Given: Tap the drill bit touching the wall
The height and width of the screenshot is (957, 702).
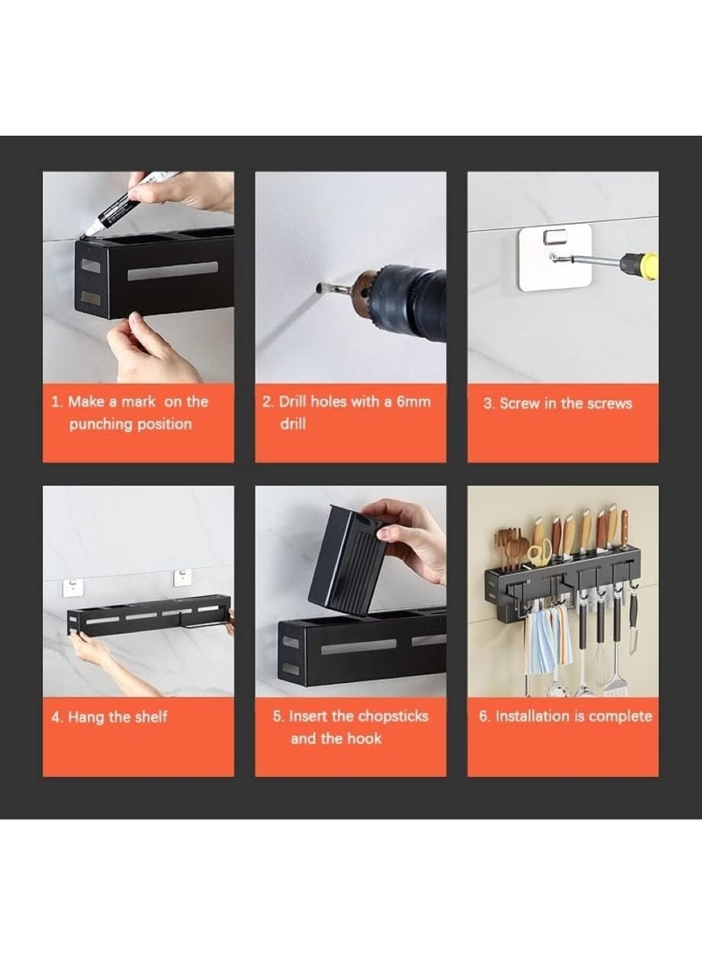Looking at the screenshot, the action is (x=328, y=288).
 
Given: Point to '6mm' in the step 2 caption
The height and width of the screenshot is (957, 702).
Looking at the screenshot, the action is (x=413, y=401).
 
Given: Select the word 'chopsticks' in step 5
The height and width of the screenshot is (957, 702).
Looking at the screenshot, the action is (x=393, y=716).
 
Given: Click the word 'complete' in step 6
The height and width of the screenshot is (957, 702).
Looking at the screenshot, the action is (x=620, y=716).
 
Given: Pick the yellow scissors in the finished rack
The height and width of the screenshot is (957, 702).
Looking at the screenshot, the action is (x=537, y=553).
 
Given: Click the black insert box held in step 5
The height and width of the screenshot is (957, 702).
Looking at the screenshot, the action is (x=347, y=558).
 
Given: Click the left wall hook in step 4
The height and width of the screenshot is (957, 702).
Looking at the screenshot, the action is (x=73, y=588).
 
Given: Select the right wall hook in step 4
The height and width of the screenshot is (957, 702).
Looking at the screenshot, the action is (x=183, y=578).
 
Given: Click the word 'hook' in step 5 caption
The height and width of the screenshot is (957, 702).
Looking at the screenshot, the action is (x=364, y=738).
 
